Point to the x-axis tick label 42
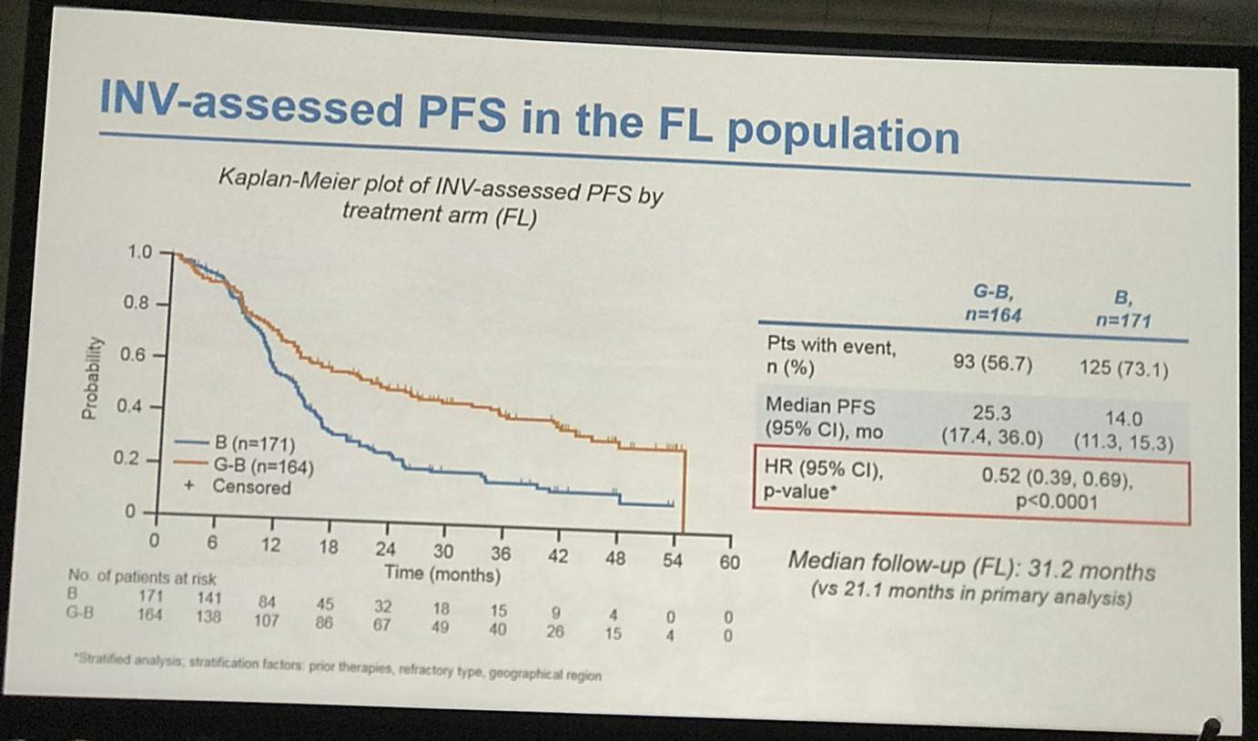(558, 555)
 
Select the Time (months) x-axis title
(442, 574)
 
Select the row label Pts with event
(829, 348)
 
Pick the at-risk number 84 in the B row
(270, 602)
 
